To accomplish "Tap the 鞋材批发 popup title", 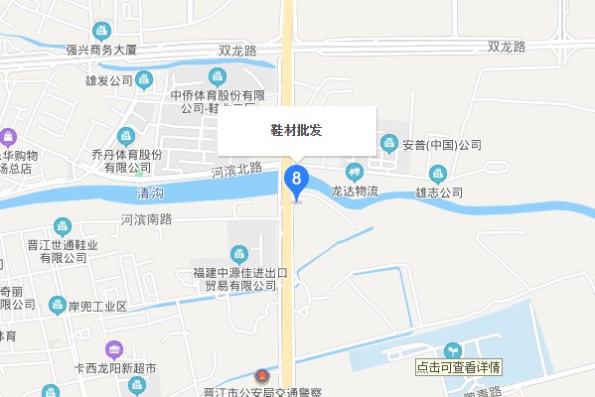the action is point(296,130).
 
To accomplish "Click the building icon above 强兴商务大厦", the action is point(100,32).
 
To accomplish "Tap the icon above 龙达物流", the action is point(355,172).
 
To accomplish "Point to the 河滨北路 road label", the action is point(235,171).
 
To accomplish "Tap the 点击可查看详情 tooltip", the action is point(460,366).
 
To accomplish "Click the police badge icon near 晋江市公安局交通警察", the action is point(262,378).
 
